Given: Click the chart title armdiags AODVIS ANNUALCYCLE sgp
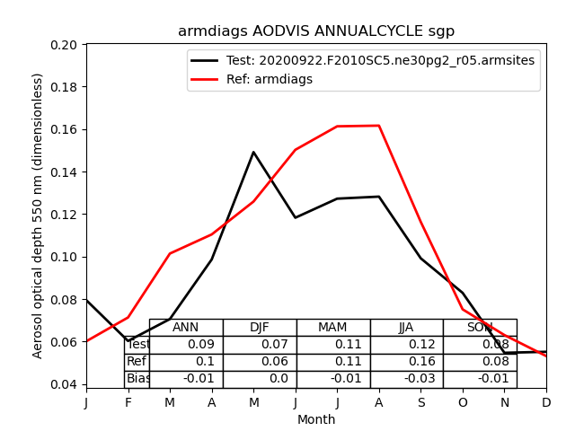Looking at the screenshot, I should coord(316,31).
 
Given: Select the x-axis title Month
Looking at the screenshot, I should coord(316,419).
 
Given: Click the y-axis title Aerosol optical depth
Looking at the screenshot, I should coord(39,215).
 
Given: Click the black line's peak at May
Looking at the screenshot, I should coord(253,152).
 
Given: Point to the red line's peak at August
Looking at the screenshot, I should coord(379,126).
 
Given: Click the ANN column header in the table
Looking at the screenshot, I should coord(186,328).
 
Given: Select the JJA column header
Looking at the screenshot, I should coord(406,328).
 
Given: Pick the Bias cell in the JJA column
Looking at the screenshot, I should coord(406,379).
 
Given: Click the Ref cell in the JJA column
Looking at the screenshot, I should coord(406,362).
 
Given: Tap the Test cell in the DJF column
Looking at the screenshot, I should coord(260,345).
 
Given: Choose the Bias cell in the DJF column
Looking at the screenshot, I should coord(260,379).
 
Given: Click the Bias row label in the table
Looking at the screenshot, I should coord(137,379).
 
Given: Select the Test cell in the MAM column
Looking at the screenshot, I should coord(333,345).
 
